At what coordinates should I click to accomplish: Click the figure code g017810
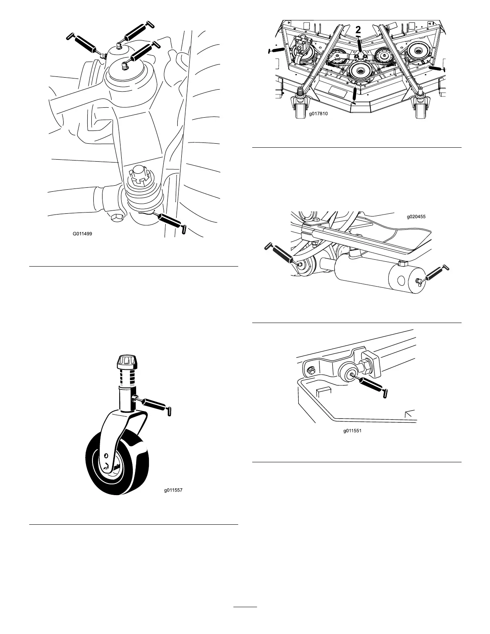(318, 114)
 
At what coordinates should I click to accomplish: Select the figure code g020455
(416, 217)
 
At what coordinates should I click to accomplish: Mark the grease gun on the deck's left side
(276, 50)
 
